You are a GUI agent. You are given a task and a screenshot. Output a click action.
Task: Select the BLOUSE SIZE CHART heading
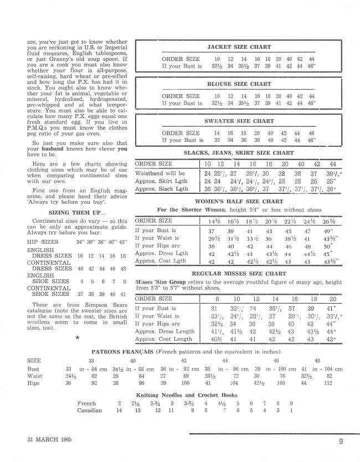(x=239, y=84)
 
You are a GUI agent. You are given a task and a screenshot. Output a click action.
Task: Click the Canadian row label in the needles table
(x=90, y=411)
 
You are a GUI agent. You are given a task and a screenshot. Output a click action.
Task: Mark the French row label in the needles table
(x=87, y=403)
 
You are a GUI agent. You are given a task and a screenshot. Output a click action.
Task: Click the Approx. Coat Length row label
(x=163, y=339)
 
